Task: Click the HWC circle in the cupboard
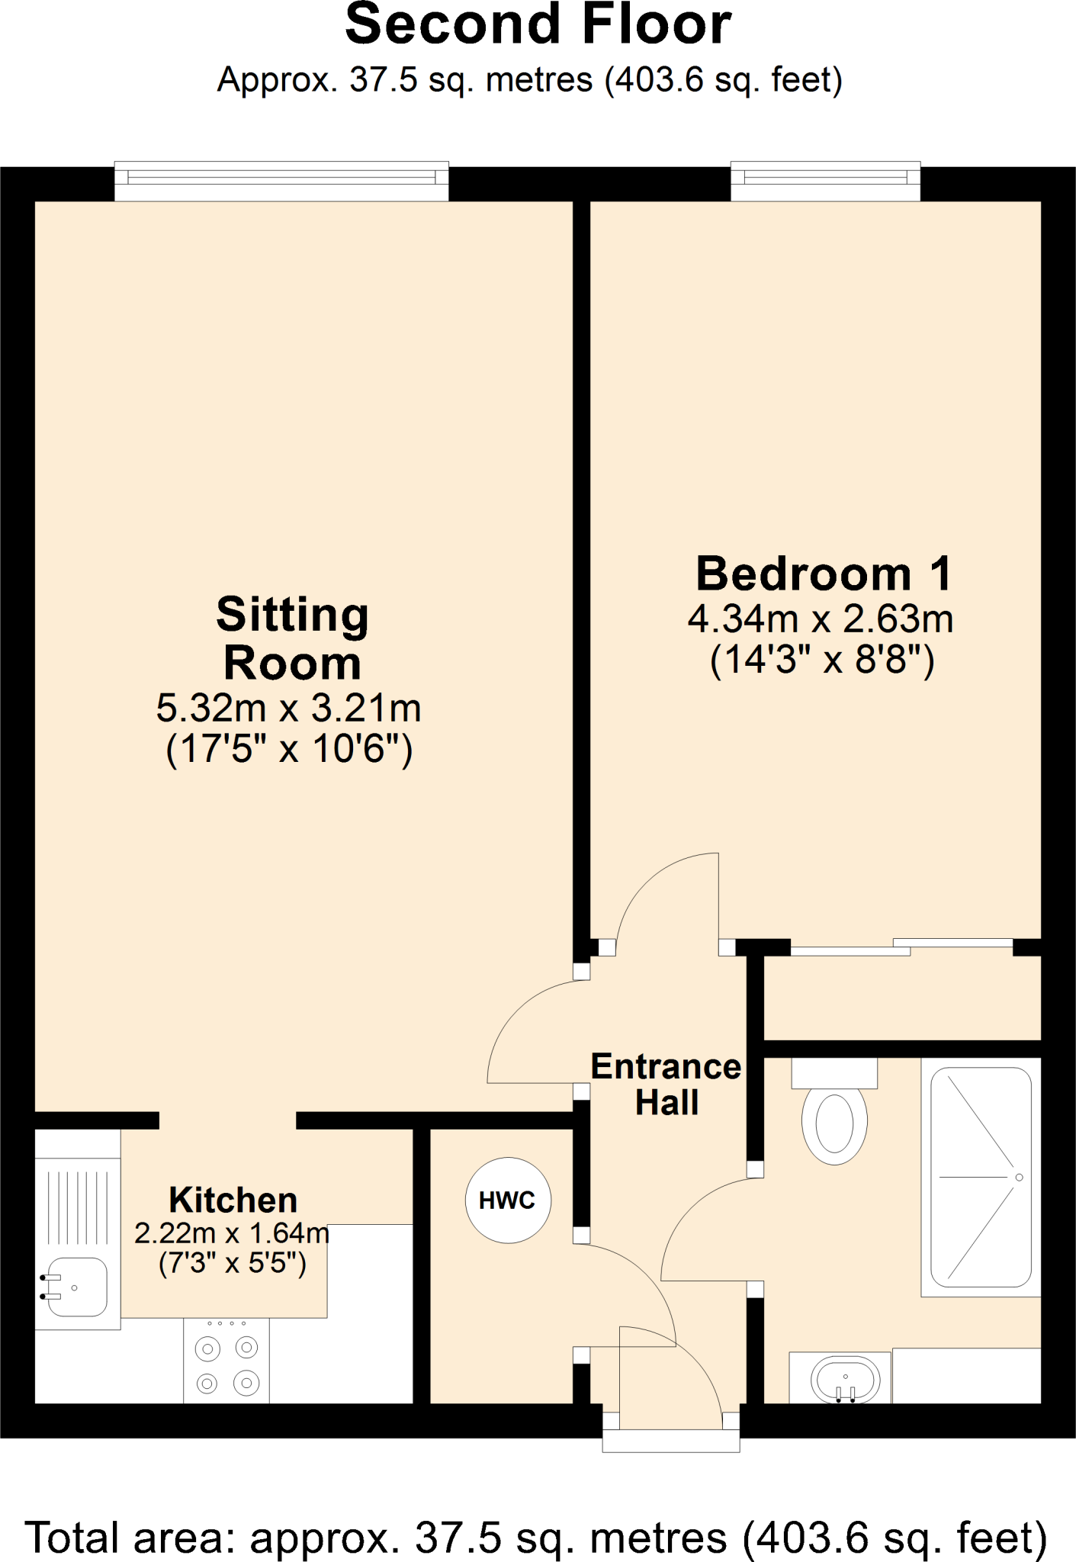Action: pos(508,1200)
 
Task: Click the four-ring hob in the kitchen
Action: pos(226,1365)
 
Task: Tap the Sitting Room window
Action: pos(281,180)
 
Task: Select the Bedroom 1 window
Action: pos(825,180)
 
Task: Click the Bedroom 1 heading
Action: pos(824,574)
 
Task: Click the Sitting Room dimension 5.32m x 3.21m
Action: pos(289,709)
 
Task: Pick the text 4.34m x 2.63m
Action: pos(821,619)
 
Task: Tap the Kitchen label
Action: pos(233,1200)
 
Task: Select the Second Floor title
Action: pos(538,24)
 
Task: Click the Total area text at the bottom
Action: pos(536,1536)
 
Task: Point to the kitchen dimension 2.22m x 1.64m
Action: pos(232,1233)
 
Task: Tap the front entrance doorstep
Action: pos(671,1441)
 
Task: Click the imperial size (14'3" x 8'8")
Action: pos(821,660)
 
